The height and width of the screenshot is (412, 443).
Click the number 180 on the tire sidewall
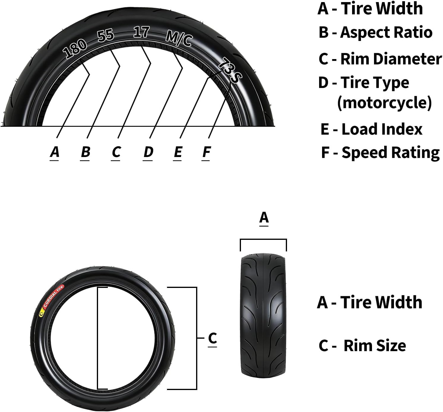(x=75, y=49)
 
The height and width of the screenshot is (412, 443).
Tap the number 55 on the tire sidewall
(x=106, y=35)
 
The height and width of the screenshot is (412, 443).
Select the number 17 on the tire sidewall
(x=141, y=32)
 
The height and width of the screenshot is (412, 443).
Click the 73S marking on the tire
(x=230, y=70)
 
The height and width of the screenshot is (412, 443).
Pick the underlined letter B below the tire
(x=85, y=152)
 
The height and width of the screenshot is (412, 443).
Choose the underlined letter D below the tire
(x=148, y=152)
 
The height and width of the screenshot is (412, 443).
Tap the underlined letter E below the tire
(x=178, y=152)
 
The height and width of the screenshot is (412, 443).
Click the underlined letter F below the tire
(x=206, y=152)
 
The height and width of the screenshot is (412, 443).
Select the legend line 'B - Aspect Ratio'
(x=375, y=32)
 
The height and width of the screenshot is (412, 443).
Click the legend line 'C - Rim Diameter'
(x=380, y=59)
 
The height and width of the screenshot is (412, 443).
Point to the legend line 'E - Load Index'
(x=371, y=129)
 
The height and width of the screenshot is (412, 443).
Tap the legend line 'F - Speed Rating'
(x=380, y=153)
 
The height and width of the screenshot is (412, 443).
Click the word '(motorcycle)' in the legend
(x=384, y=103)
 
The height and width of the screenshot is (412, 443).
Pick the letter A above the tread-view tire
(x=264, y=218)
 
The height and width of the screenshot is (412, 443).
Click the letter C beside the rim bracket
(x=212, y=338)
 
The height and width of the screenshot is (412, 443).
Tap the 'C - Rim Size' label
(x=362, y=346)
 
